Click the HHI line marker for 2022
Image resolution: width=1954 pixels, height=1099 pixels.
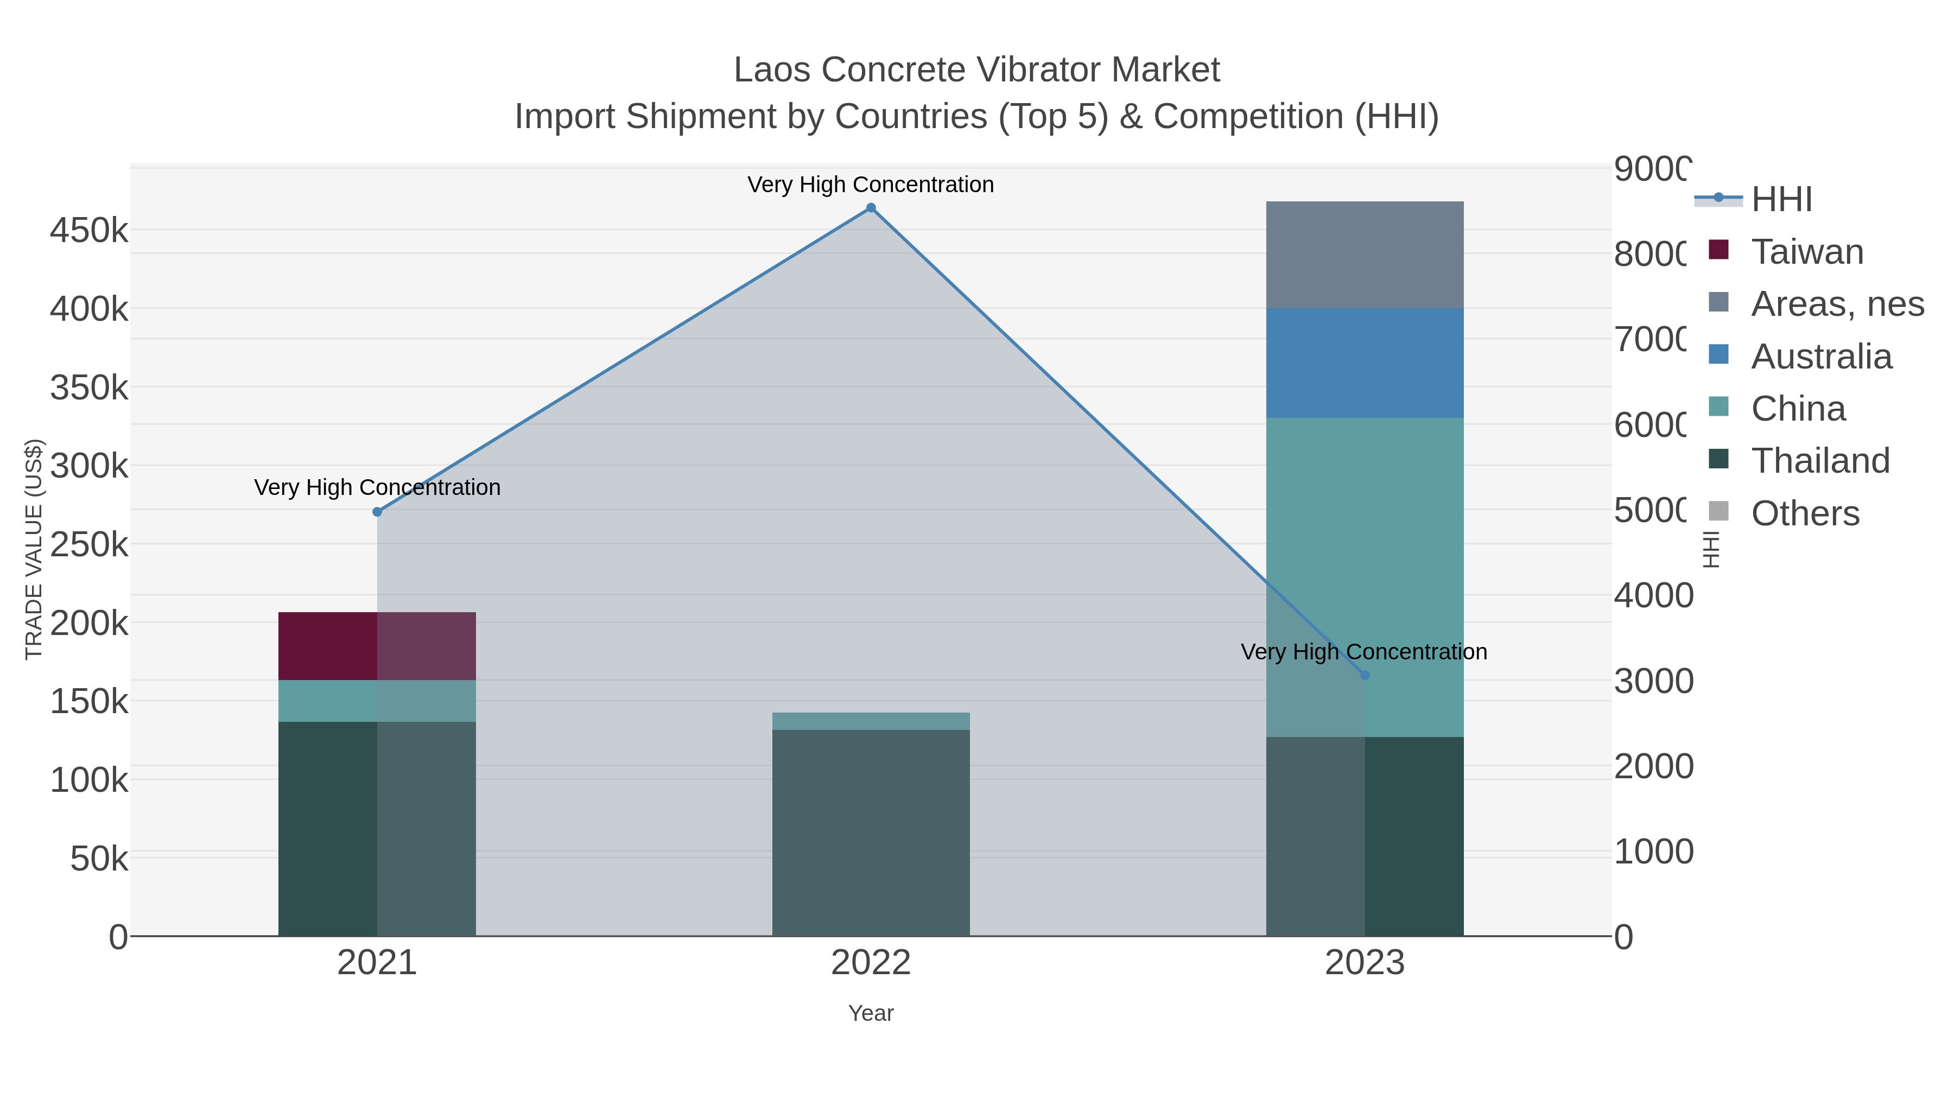tap(871, 208)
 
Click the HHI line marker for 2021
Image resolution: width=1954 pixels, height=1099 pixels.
tap(377, 512)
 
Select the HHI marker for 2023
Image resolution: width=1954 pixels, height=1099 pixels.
tap(1365, 675)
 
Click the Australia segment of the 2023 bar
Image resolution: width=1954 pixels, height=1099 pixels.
tap(1365, 363)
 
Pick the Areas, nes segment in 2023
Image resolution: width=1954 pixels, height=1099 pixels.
tap(1365, 255)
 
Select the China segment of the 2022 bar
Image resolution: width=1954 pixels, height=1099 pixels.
tap(871, 721)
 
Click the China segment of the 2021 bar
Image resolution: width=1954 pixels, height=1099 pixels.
tap(377, 701)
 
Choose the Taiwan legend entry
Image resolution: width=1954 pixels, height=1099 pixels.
tap(1807, 252)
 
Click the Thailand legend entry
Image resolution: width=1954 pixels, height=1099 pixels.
tap(1820, 460)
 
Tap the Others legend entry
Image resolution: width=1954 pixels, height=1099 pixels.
tap(1805, 513)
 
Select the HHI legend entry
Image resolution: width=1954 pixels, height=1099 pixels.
tap(1781, 200)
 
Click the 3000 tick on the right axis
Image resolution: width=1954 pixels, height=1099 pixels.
tap(1653, 681)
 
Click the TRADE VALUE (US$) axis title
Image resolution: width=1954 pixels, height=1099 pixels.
tap(34, 549)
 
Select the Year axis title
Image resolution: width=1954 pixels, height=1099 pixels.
tap(871, 1013)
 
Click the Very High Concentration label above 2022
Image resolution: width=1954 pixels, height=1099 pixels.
tap(870, 185)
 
